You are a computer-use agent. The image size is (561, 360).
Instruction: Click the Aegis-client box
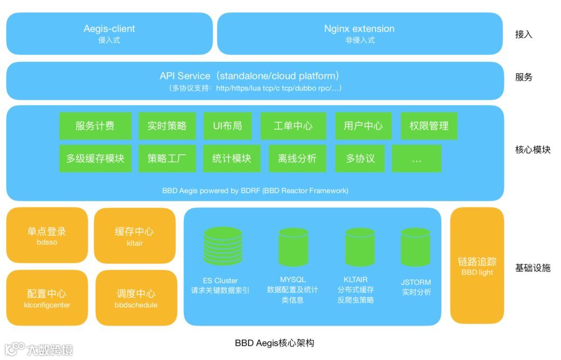109,33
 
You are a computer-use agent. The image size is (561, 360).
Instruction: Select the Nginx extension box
359,33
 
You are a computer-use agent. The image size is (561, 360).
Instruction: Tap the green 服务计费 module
95,126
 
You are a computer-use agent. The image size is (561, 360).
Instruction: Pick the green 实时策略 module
167,126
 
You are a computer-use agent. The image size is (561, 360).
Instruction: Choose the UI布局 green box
228,126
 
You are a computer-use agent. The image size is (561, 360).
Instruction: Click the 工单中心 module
293,126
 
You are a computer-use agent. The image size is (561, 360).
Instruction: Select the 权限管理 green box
429,126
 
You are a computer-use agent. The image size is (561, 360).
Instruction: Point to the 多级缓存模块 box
95,158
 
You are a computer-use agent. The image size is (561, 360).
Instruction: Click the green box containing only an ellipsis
417,158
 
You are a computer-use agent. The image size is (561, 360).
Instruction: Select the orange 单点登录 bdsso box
47,235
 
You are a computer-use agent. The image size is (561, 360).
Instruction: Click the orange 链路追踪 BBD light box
477,265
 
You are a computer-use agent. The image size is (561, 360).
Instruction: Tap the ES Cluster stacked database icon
223,246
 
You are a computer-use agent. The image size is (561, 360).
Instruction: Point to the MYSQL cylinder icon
293,247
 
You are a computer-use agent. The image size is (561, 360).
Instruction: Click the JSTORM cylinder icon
416,247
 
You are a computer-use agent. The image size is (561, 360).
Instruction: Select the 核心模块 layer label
532,150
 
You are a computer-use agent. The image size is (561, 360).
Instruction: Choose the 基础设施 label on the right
532,268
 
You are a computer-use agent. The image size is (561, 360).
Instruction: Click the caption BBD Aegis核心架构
274,343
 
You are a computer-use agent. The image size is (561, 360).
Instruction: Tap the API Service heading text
249,76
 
